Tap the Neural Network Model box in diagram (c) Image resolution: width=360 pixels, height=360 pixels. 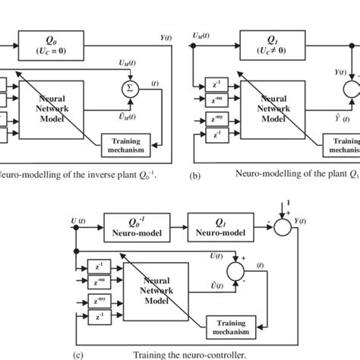click(157, 292)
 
